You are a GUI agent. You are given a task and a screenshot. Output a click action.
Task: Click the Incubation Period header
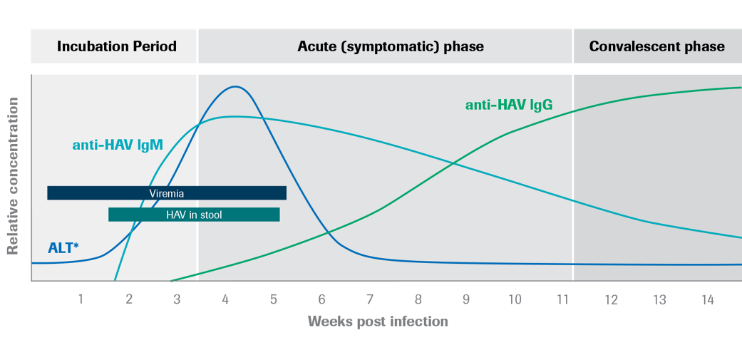[x=116, y=47]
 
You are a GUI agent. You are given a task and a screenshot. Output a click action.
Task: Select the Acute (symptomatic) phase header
[x=390, y=47]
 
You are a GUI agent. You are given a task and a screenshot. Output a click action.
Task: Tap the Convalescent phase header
[x=656, y=47]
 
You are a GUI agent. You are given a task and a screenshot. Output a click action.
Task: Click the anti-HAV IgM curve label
[x=118, y=145]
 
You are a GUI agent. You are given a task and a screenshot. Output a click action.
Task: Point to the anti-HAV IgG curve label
[x=509, y=106]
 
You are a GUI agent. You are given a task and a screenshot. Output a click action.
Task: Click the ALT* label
[x=63, y=248]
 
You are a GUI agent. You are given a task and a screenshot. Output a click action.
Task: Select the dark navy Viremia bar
[x=167, y=193]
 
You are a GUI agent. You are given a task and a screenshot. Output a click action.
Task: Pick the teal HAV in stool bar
[x=194, y=215]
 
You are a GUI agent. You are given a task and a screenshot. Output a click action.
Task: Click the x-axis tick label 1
[x=81, y=300]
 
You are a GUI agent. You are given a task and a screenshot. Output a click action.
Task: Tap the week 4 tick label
[x=225, y=300]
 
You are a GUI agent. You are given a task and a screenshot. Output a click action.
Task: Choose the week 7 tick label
[x=370, y=300]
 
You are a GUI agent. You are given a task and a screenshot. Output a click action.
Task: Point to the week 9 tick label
[x=466, y=300]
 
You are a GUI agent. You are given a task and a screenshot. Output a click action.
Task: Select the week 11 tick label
[x=562, y=300]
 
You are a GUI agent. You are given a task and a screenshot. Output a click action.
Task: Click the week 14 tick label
[x=707, y=300]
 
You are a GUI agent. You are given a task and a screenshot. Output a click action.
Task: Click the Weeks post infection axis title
[x=378, y=322]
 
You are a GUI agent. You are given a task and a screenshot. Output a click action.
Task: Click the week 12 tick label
[x=611, y=300]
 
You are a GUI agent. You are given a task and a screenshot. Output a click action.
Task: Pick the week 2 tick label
[x=129, y=300]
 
